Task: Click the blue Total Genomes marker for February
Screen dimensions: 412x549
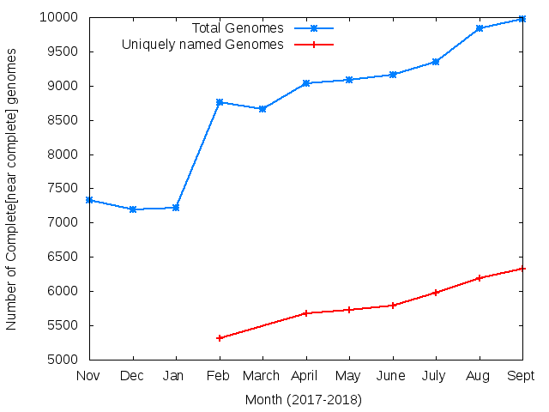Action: (x=220, y=102)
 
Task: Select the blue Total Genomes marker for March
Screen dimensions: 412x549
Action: (x=262, y=109)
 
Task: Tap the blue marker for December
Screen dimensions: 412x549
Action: (x=133, y=209)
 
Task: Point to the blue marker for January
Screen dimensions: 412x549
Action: (x=176, y=208)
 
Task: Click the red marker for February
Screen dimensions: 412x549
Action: (x=220, y=338)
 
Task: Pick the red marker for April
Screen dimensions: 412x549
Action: (x=306, y=313)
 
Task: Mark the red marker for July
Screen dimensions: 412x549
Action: (x=436, y=293)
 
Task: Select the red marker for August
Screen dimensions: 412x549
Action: (x=480, y=278)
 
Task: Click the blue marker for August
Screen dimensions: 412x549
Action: (x=480, y=28)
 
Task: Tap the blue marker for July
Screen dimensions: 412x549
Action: (x=436, y=62)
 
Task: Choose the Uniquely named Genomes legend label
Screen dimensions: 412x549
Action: (x=202, y=44)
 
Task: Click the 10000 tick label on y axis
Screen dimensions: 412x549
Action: (x=60, y=17)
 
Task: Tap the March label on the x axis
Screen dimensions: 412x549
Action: (x=262, y=376)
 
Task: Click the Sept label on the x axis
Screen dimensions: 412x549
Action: (x=522, y=376)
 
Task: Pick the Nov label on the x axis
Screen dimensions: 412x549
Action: (x=89, y=376)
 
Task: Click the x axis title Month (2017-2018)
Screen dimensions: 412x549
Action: (x=304, y=400)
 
